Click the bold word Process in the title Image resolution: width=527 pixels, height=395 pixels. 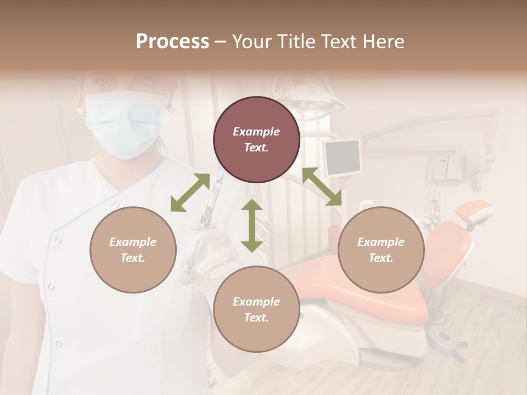pyautogui.click(x=172, y=42)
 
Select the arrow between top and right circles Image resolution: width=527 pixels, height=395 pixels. pyautogui.click(x=322, y=187)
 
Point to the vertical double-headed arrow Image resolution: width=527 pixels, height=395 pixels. pyautogui.click(x=252, y=225)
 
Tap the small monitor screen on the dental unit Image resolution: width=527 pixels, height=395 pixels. pyautogui.click(x=343, y=157)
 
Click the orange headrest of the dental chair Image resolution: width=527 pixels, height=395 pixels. pyautogui.click(x=474, y=211)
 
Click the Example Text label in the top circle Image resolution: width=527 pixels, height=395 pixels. pyautogui.click(x=256, y=139)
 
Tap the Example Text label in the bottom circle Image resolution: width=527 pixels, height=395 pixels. pyautogui.click(x=256, y=309)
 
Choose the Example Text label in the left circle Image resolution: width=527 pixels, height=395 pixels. pyautogui.click(x=133, y=250)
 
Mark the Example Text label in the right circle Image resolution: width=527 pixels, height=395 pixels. pyautogui.click(x=381, y=250)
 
